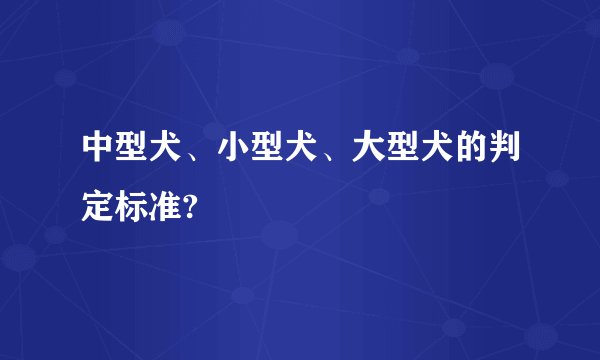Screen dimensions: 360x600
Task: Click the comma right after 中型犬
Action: (x=193, y=154)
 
